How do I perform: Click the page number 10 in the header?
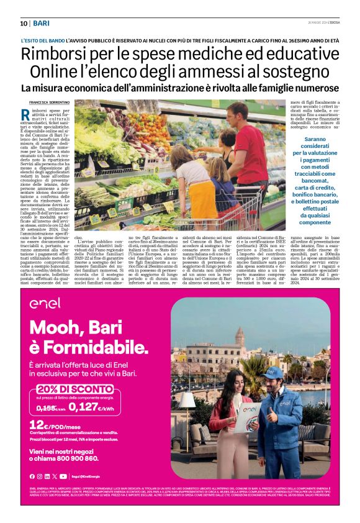[23, 23]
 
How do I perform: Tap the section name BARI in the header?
[42, 23]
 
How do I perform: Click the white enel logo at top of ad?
[45, 303]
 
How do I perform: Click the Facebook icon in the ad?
[32, 476]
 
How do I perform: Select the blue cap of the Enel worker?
[272, 371]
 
